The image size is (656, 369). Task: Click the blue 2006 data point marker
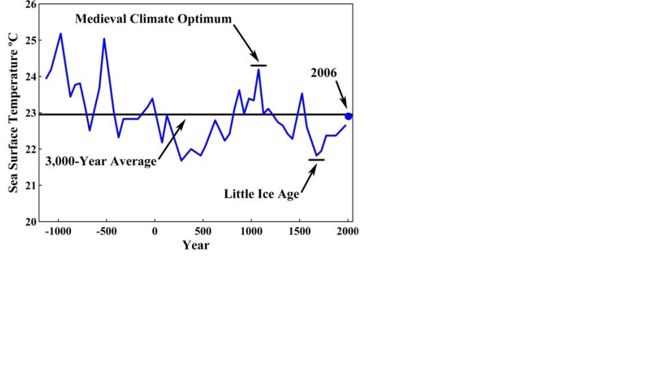(348, 116)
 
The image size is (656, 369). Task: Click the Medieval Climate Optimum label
(154, 18)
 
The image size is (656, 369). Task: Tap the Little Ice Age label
(262, 193)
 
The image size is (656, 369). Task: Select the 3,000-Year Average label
(101, 162)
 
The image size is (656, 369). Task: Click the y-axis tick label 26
(29, 5)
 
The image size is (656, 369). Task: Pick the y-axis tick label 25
(29, 40)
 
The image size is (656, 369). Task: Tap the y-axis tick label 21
(29, 185)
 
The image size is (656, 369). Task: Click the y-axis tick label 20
(29, 221)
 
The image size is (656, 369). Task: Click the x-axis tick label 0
(154, 231)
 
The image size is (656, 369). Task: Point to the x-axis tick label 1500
(300, 231)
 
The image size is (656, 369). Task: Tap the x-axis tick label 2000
(348, 231)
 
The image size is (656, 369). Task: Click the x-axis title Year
(195, 245)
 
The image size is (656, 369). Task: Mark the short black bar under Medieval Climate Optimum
(258, 66)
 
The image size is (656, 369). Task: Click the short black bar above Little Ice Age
(316, 159)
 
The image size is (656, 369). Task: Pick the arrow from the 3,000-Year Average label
(171, 139)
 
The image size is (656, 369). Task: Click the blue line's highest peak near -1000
(60, 33)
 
